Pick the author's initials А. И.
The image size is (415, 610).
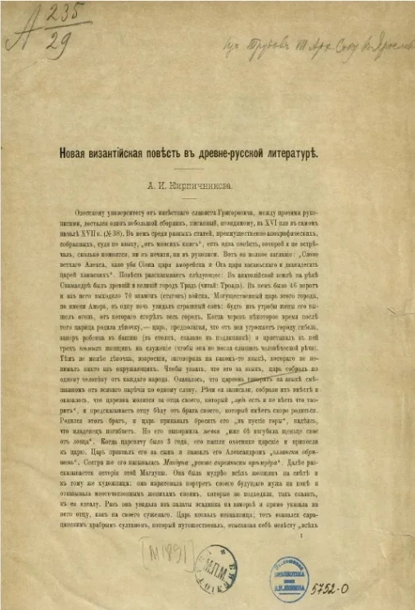click(175, 185)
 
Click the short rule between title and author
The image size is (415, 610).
click(208, 170)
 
